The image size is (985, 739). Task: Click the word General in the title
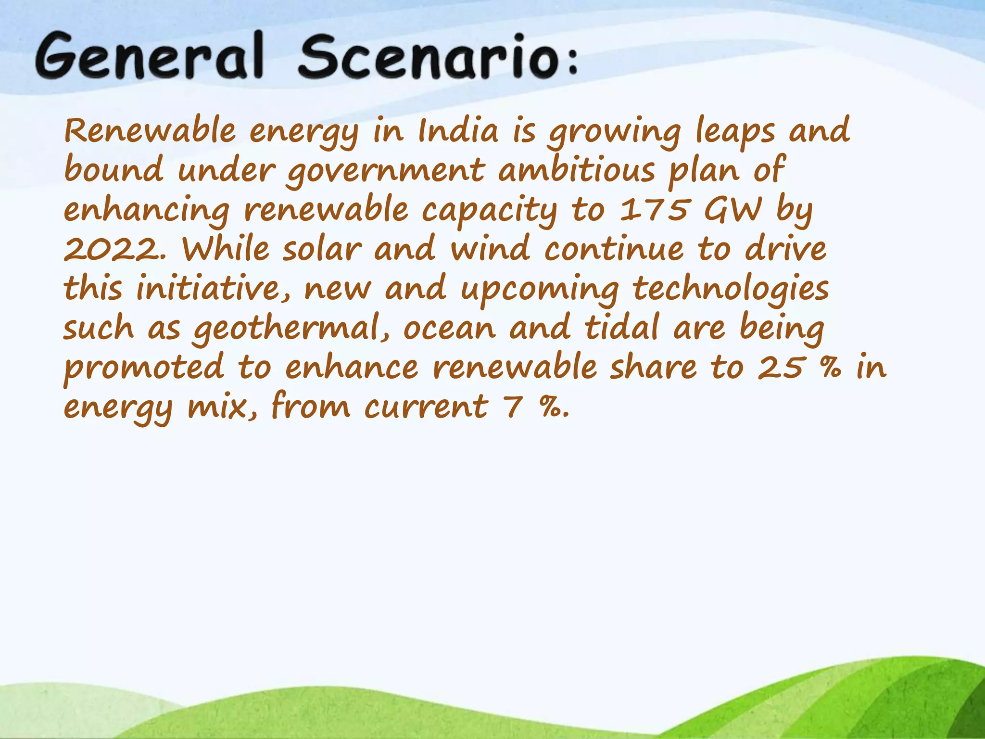point(149,57)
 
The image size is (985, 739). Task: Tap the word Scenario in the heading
point(426,57)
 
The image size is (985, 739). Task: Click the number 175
point(654,210)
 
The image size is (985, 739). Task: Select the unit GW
point(733,210)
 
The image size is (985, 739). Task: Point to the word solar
point(322,250)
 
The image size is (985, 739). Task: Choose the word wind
point(490,250)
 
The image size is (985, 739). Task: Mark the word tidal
point(621,328)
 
